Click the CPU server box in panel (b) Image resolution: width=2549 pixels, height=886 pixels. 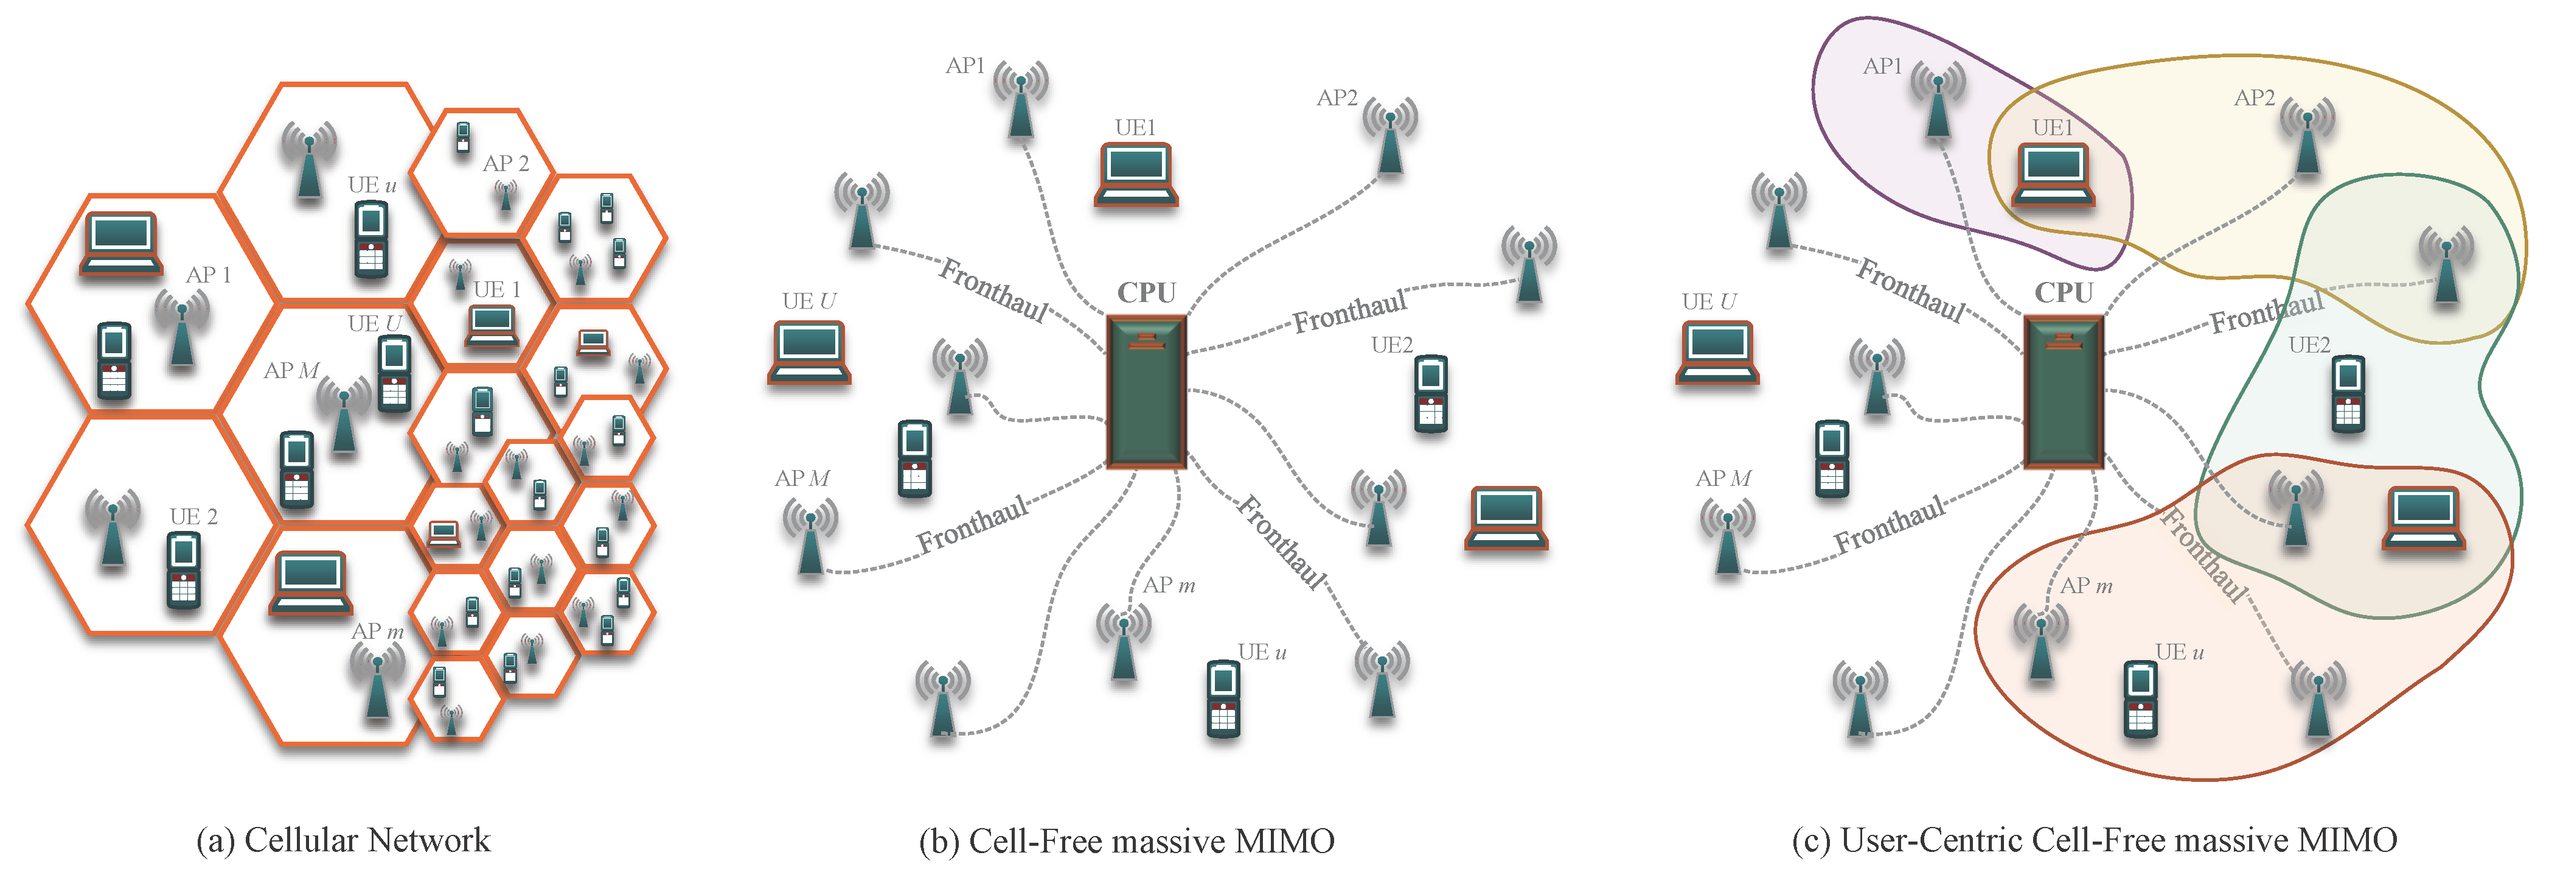coord(1146,391)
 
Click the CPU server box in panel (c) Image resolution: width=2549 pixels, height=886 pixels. coord(2063,391)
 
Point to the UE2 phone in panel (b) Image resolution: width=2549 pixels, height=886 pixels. coord(1431,394)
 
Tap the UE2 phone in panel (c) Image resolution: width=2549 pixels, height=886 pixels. coord(2348,394)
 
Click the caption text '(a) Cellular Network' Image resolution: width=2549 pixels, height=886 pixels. coord(343,840)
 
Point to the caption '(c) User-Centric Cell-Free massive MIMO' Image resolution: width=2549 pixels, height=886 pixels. coord(2094,840)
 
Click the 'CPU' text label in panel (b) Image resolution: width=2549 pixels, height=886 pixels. coord(1146,293)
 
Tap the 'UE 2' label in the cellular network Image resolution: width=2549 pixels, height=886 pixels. coord(193,517)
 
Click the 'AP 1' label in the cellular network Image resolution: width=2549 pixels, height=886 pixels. coord(209,275)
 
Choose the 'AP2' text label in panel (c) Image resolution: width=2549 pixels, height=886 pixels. coord(2254,98)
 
